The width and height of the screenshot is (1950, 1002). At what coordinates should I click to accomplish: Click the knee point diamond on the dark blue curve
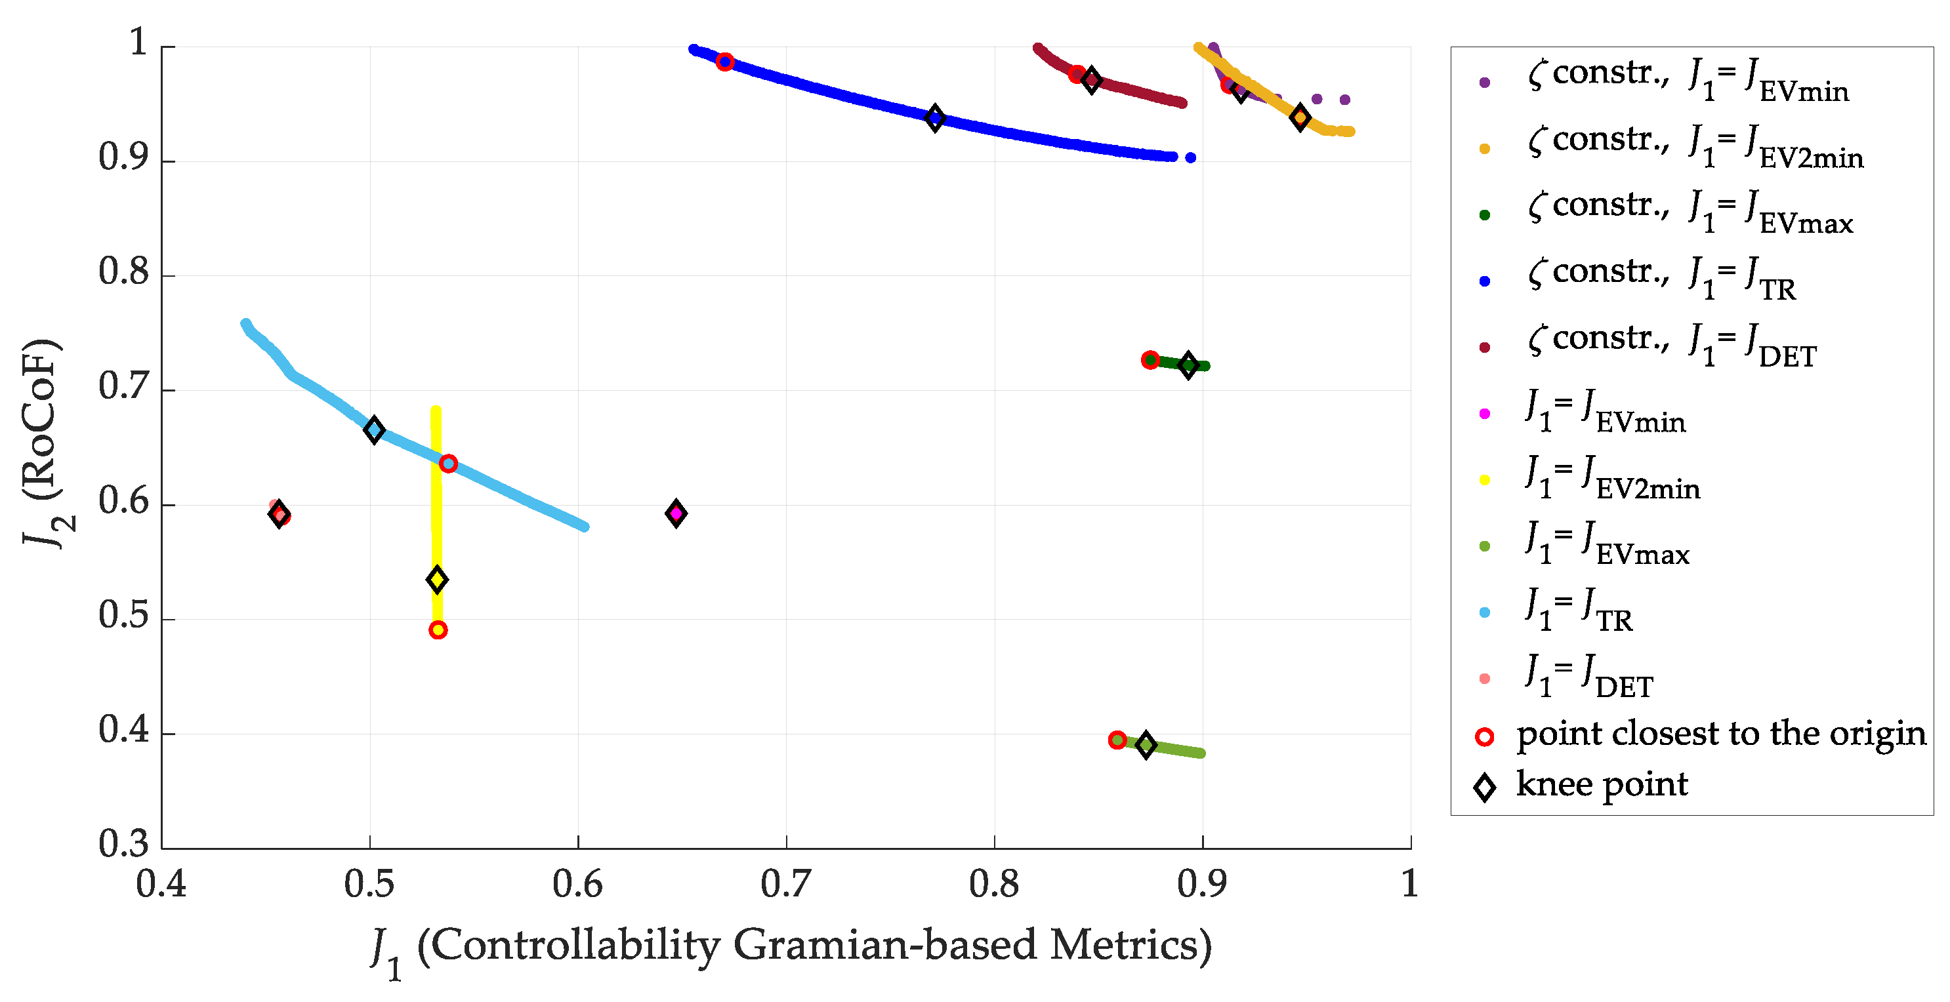935,118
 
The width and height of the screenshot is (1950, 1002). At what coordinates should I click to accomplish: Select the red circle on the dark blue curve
725,62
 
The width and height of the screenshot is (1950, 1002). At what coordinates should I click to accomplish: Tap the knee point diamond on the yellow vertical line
437,580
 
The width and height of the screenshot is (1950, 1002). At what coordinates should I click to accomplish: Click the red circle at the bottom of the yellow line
438,630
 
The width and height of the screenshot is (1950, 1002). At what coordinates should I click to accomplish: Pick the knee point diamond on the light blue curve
374,430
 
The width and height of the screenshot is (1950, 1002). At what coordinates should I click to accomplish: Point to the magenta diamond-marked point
676,513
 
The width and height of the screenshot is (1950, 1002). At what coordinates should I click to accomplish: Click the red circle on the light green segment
1117,740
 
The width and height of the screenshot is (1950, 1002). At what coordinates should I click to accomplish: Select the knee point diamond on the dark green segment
1188,365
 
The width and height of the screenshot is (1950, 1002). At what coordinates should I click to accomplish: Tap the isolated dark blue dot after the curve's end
1191,157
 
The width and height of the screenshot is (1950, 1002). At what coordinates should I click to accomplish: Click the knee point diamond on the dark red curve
1092,79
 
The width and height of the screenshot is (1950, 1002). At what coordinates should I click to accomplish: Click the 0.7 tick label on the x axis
786,884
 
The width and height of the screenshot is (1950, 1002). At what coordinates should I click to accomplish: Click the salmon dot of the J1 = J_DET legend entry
1484,678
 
